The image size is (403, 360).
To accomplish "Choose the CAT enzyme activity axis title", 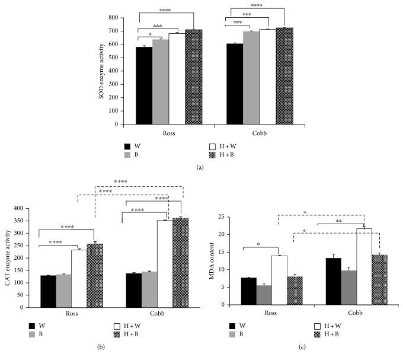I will [8, 258].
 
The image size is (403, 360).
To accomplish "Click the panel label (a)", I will [201, 168].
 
